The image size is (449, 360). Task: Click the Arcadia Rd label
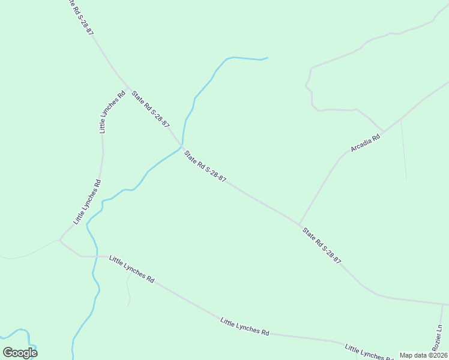click(366, 143)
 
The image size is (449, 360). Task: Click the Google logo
click(20, 352)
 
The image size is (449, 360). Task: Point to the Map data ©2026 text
click(423, 355)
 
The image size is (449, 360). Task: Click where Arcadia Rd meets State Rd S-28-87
click(300, 225)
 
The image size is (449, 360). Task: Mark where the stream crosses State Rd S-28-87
click(181, 146)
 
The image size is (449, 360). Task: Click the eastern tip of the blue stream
click(267, 58)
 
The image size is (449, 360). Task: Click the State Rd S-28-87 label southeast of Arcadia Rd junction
click(322, 245)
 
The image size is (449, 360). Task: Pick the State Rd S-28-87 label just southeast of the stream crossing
click(205, 166)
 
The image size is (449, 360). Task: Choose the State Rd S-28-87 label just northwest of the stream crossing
click(151, 108)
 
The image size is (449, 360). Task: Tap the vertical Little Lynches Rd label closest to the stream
click(86, 202)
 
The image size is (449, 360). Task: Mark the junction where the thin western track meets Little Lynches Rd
click(60, 240)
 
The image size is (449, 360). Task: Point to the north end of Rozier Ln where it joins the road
click(442, 304)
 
